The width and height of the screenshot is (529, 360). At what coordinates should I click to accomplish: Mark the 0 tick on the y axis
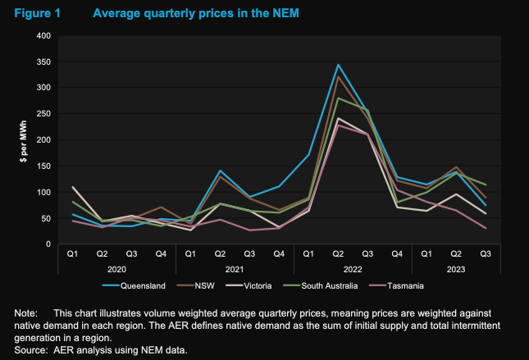48,244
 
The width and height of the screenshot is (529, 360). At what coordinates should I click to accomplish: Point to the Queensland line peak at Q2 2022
338,65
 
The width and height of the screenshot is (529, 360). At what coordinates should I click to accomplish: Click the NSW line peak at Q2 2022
338,76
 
